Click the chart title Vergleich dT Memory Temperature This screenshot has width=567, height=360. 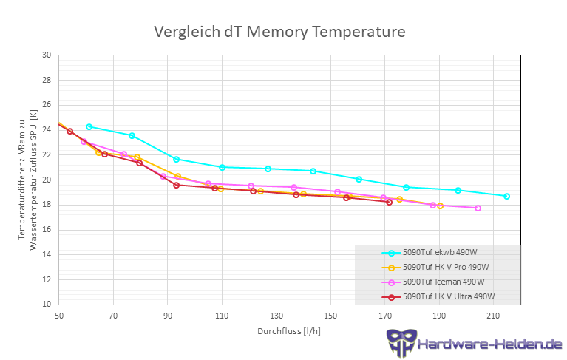(279, 33)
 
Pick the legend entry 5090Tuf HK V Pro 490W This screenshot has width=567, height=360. (446, 268)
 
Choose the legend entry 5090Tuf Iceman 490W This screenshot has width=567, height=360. (443, 282)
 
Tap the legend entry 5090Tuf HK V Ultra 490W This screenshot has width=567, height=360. (448, 297)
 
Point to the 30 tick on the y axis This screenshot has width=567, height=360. (47, 55)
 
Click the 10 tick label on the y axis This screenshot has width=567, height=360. (47, 304)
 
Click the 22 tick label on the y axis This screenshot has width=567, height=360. (47, 154)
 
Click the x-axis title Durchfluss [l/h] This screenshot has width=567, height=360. (289, 330)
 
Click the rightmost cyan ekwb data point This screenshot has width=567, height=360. (506, 197)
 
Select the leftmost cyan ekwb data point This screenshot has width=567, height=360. (89, 127)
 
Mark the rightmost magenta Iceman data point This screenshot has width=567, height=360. (478, 208)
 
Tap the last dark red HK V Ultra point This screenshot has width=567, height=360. (389, 202)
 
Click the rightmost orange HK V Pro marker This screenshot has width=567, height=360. (440, 206)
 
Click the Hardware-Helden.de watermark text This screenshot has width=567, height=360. (489, 344)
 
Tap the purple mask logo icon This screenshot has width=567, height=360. (401, 343)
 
